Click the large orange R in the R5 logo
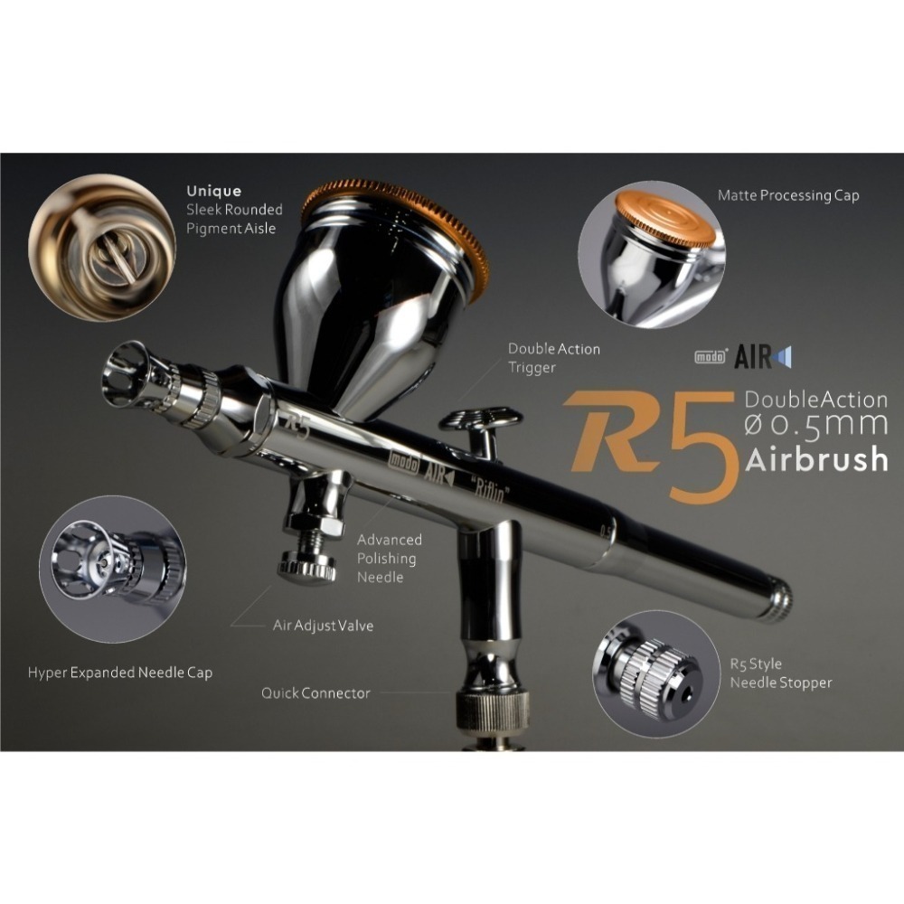point(615,431)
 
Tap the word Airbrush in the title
point(816,459)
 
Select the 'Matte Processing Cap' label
point(787,195)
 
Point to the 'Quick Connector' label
point(315,693)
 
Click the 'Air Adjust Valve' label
point(323,625)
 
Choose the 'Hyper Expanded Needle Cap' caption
point(120,673)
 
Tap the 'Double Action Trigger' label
point(553,358)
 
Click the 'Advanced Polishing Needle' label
point(389,558)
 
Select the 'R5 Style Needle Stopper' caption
point(780,673)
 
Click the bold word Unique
point(213,192)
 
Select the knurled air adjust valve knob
point(307,568)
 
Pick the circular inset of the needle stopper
point(653,670)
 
